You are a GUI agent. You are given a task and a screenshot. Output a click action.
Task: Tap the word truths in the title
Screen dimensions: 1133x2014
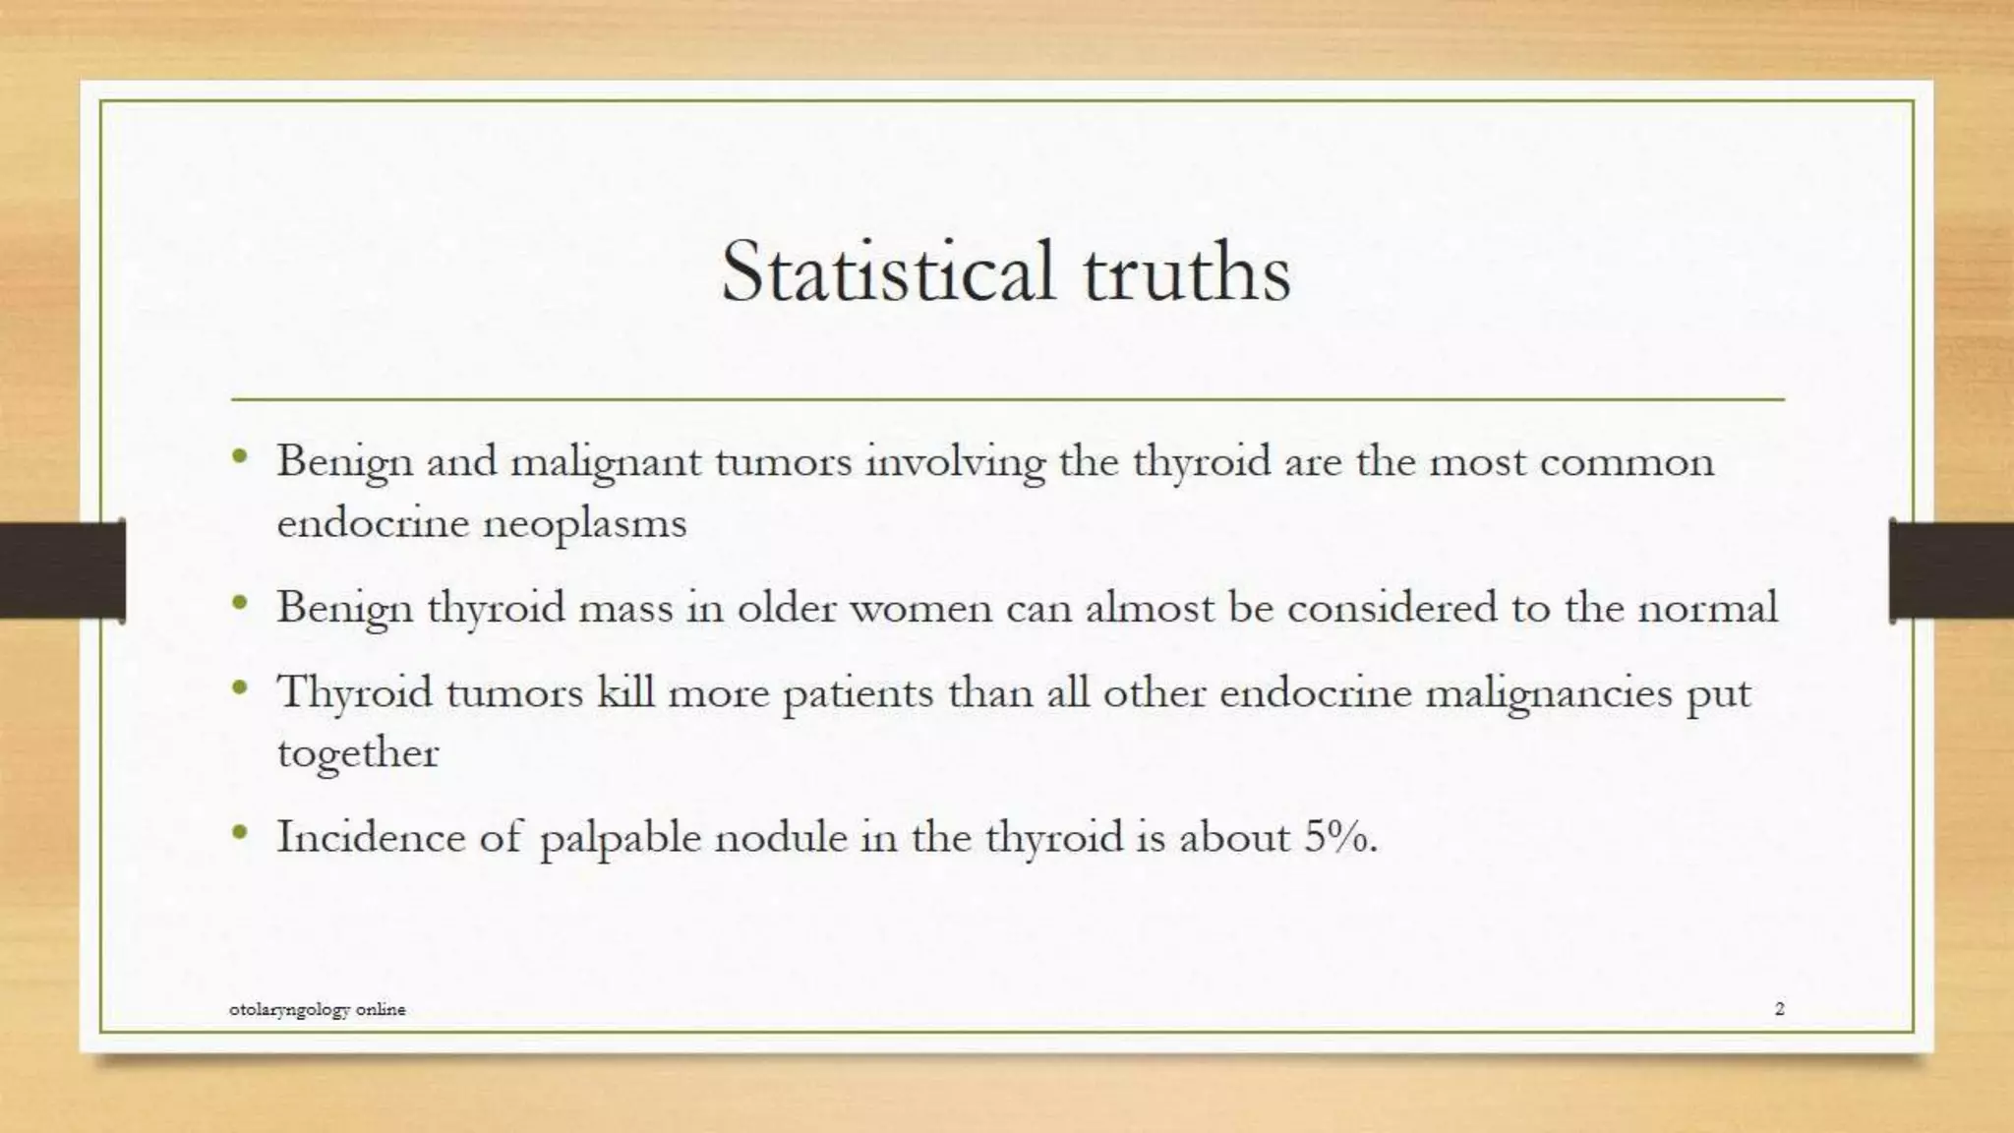click(1187, 272)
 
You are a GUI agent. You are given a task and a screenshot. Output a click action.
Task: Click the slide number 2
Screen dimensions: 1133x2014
click(1779, 1008)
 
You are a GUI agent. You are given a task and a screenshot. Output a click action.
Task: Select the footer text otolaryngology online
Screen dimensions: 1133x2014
click(317, 1009)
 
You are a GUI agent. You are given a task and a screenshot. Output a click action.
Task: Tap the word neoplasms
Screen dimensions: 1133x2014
click(585, 523)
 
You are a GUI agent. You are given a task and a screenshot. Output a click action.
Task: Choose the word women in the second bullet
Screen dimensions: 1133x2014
click(920, 607)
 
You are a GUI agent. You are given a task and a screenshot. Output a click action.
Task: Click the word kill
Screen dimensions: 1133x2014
click(626, 692)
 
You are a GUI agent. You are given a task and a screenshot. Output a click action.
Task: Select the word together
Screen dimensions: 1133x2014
click(358, 754)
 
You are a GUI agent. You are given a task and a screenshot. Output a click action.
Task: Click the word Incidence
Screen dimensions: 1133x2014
click(371, 837)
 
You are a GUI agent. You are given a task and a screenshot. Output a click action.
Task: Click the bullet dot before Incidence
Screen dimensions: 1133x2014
click(240, 833)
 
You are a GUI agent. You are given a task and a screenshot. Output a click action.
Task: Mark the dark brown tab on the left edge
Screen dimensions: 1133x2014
click(62, 570)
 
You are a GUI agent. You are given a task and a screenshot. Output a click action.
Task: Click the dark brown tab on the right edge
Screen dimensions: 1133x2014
click(1951, 570)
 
